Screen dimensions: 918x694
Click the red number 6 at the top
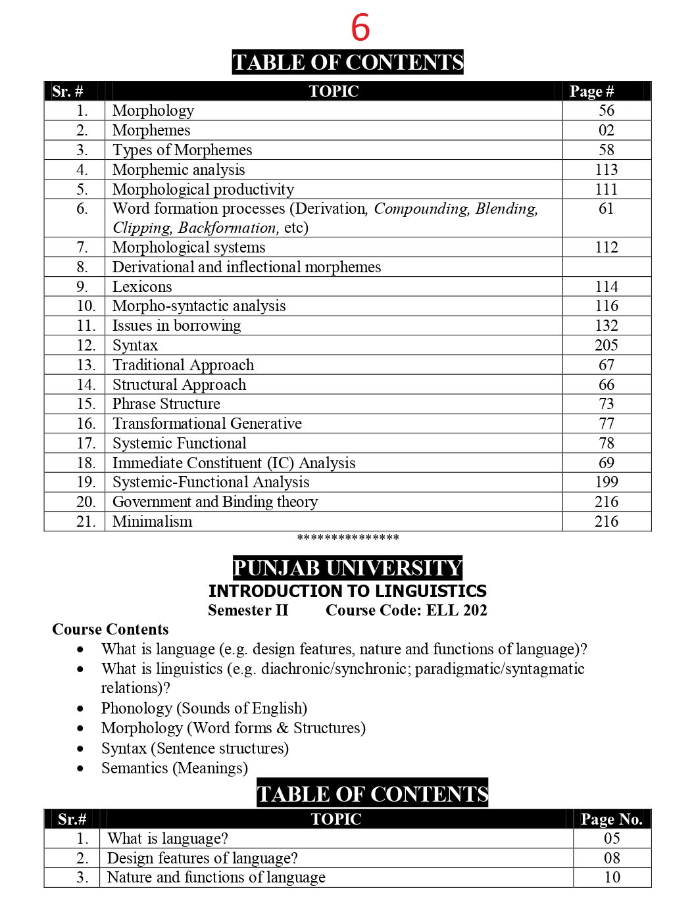360,28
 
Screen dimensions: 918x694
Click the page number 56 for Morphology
606,110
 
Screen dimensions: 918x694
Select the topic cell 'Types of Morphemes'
182,150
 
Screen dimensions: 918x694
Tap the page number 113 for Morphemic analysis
606,170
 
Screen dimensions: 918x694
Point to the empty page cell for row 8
606,267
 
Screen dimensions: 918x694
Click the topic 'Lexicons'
142,287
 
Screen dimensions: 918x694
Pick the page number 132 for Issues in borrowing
606,326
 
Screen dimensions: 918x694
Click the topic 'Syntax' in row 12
135,345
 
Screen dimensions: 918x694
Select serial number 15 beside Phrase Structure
86,404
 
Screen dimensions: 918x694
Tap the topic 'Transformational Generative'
207,423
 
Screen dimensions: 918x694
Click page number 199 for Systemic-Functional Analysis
606,482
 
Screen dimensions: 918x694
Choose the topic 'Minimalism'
153,521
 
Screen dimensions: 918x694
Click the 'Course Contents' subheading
111,629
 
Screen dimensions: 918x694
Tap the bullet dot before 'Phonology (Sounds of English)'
80,709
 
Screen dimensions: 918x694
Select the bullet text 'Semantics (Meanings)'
174,768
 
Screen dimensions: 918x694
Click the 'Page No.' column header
611,819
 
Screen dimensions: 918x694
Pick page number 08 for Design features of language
612,858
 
